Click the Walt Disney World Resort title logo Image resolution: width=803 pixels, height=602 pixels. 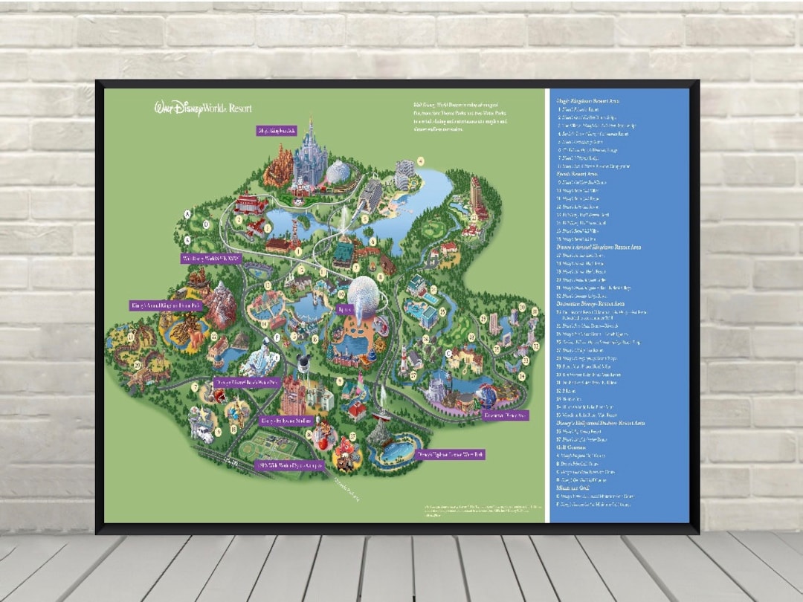coord(203,109)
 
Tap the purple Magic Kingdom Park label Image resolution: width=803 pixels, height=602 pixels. coord(277,131)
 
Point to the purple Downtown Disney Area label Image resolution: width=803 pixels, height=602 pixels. coord(505,415)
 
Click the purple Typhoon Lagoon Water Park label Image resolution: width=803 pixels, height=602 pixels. coord(450,453)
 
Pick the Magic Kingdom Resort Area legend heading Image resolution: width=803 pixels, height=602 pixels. coord(588,100)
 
